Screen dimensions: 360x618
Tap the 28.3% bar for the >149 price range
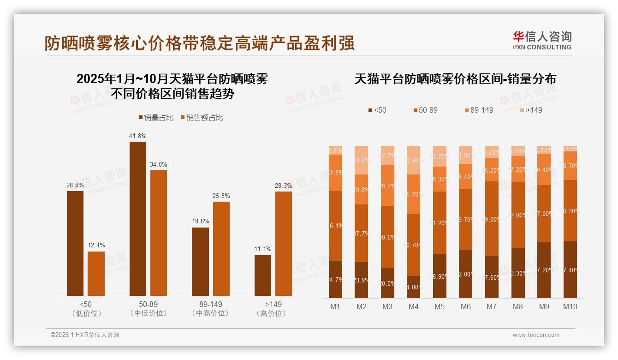coord(283,243)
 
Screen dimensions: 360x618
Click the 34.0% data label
coord(158,165)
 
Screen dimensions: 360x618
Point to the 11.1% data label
coord(262,249)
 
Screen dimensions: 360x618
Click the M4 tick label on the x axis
coord(413,306)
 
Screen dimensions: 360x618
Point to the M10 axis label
coord(570,306)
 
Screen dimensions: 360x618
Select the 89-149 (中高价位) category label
coord(210,309)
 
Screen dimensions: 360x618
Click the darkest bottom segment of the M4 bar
coord(413,287)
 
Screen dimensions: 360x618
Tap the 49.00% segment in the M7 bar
coord(492,219)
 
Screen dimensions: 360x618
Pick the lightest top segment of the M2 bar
coord(361,160)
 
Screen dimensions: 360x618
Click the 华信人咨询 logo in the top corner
coord(542,40)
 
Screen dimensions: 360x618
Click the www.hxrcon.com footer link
coord(536,335)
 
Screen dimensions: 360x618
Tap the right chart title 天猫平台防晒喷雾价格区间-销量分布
coord(455,79)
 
